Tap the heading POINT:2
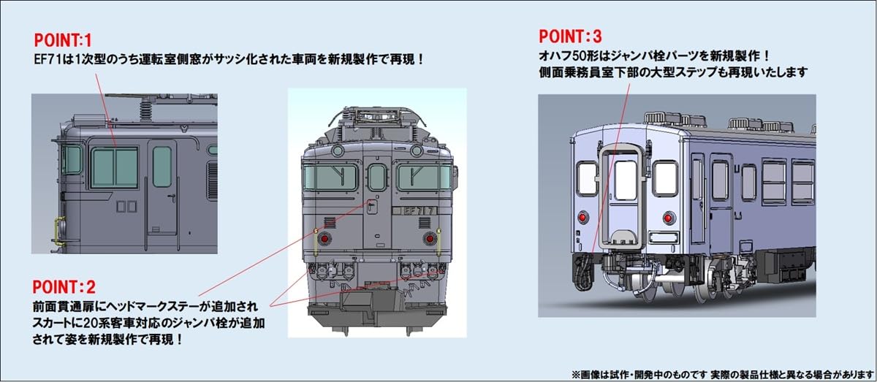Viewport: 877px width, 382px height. pyautogui.click(x=64, y=286)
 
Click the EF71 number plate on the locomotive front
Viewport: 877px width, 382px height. pyautogui.click(x=415, y=210)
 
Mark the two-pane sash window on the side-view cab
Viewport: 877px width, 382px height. pyautogui.click(x=114, y=166)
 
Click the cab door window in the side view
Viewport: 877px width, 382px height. pyautogui.click(x=162, y=166)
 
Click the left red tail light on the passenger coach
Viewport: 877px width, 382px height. pyautogui.click(x=582, y=217)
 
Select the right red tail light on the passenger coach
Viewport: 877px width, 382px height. pyautogui.click(x=668, y=217)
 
